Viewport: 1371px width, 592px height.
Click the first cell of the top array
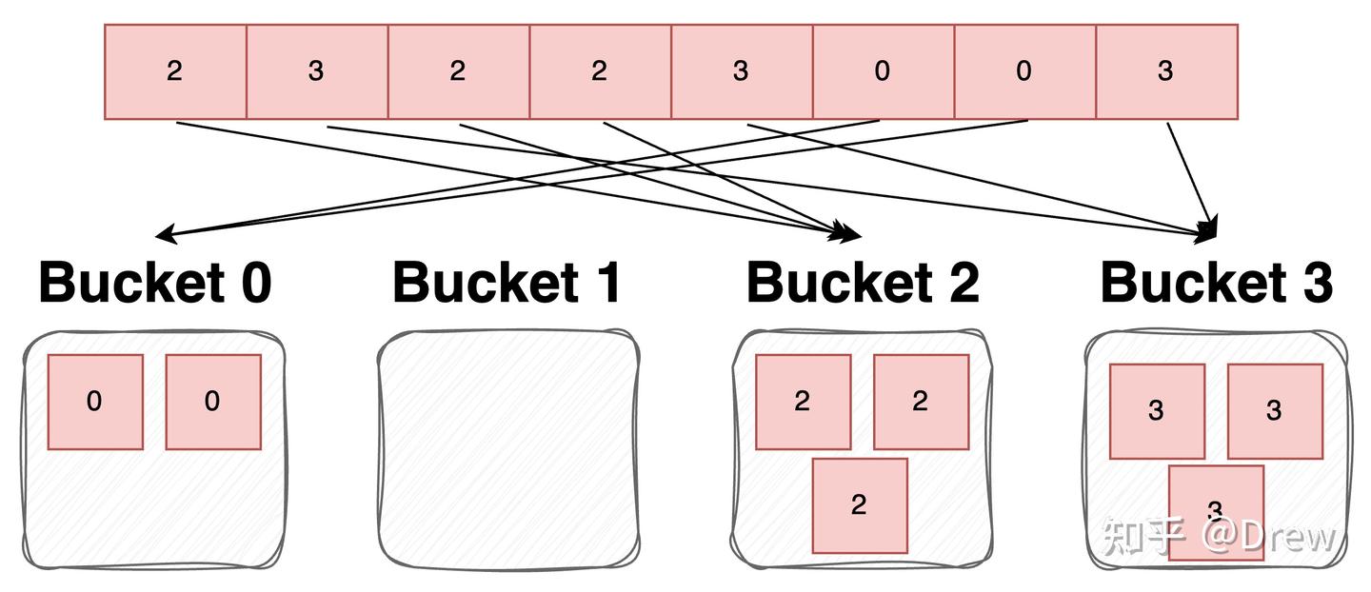pyautogui.click(x=175, y=71)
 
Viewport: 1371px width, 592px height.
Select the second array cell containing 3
pyautogui.click(x=317, y=71)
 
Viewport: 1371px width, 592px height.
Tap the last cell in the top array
pyautogui.click(x=1166, y=71)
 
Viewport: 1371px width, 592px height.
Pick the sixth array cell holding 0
pyautogui.click(x=883, y=71)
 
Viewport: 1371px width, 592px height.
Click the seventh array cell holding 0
pyautogui.click(x=1024, y=71)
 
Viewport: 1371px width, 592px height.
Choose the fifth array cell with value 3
pyautogui.click(x=742, y=71)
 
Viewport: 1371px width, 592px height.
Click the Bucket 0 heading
pyautogui.click(x=155, y=283)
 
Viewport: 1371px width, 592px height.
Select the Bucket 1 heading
pyautogui.click(x=507, y=283)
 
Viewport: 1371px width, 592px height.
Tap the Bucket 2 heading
pyautogui.click(x=863, y=283)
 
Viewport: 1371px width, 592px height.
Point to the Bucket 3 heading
pyautogui.click(x=1217, y=283)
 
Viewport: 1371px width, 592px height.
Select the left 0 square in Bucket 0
pyautogui.click(x=95, y=402)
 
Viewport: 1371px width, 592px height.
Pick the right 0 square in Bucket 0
pyautogui.click(x=213, y=402)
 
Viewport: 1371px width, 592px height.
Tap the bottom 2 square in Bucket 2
pyautogui.click(x=860, y=505)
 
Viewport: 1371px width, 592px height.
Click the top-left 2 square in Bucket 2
pyautogui.click(x=803, y=402)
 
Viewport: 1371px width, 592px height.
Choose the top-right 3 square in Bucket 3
pyautogui.click(x=1275, y=411)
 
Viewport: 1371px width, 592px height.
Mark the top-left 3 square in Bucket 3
pyautogui.click(x=1157, y=411)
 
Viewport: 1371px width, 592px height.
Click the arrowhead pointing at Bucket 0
pyautogui.click(x=164, y=234)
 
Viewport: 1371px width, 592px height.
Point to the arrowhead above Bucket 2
pyautogui.click(x=848, y=232)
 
